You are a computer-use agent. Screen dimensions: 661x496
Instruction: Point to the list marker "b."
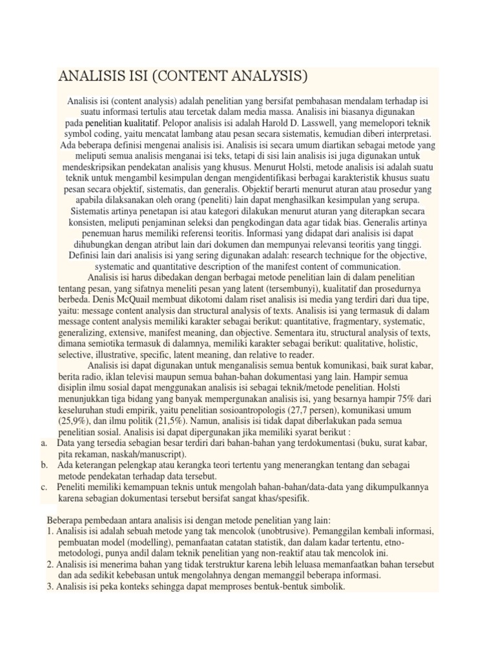pos(44,465)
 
